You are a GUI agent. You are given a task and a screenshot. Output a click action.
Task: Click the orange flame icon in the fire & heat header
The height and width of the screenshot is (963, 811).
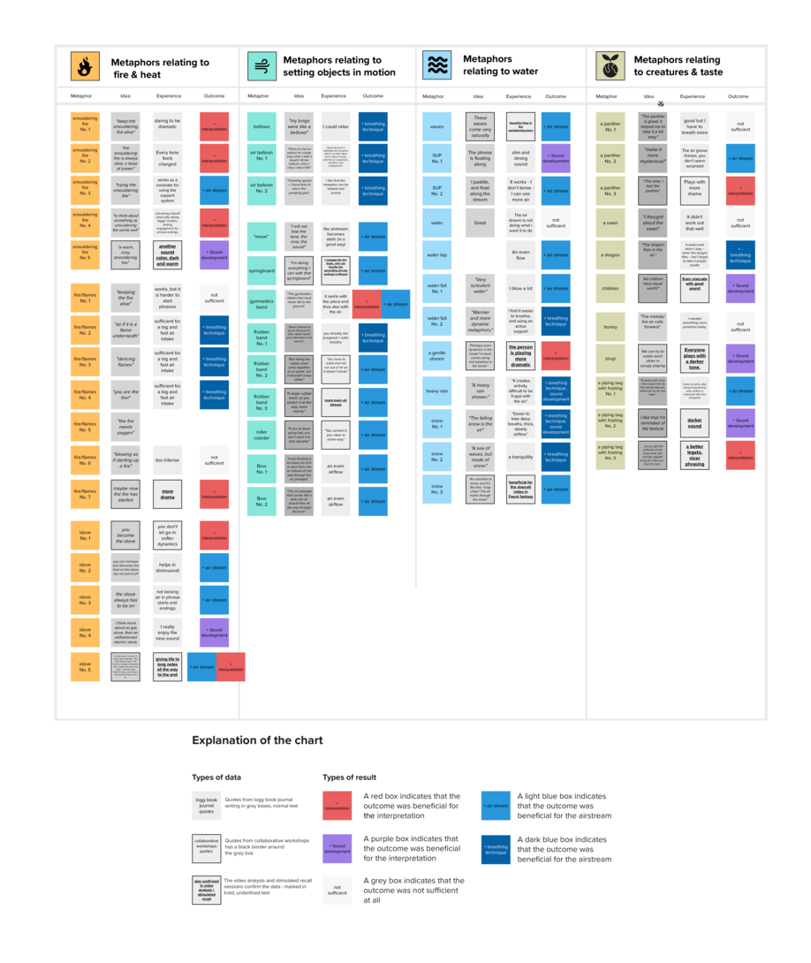pyautogui.click(x=85, y=67)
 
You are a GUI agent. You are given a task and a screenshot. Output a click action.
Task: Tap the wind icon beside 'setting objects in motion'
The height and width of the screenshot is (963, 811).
pyautogui.click(x=261, y=66)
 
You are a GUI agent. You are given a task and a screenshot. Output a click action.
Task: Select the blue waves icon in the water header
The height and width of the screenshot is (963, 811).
pyautogui.click(x=436, y=65)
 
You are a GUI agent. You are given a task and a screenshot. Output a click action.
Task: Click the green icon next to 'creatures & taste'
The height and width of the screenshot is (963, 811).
pyautogui.click(x=609, y=66)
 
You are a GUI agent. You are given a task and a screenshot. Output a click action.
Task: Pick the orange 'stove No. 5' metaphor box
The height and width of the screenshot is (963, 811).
pyautogui.click(x=85, y=667)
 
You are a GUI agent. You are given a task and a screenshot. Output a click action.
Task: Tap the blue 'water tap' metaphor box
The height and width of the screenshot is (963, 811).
pyautogui.click(x=436, y=254)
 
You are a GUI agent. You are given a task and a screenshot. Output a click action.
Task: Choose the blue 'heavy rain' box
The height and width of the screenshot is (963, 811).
pyautogui.click(x=436, y=391)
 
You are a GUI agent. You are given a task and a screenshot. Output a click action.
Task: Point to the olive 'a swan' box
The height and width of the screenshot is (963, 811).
pyautogui.click(x=610, y=223)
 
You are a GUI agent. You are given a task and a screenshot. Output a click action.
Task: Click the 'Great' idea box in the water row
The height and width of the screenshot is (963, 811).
pyautogui.click(x=480, y=223)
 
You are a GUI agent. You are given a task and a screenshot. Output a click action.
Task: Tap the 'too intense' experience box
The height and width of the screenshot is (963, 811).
pyautogui.click(x=167, y=459)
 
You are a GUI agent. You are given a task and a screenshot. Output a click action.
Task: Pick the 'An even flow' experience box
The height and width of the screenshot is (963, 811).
pyautogui.click(x=520, y=254)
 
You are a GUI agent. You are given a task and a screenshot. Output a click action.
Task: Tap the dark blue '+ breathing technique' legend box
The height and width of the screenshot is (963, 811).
pyautogui.click(x=496, y=849)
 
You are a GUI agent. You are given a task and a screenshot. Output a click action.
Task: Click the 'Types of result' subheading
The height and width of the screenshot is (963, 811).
pyautogui.click(x=350, y=777)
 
